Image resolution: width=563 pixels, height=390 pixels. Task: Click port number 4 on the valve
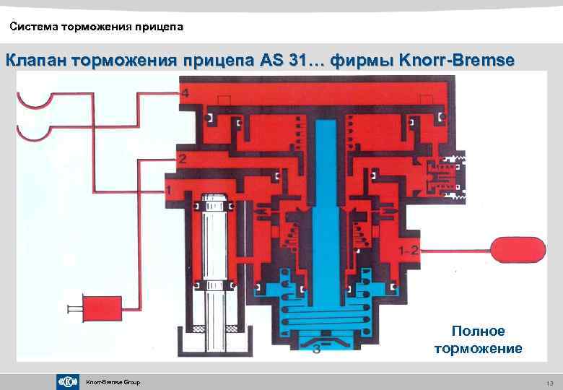coord(186,94)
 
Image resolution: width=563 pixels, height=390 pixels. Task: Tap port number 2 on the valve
coord(183,157)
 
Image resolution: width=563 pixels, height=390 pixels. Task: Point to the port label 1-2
coord(410,251)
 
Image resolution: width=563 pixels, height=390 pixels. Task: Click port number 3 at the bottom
coord(316,351)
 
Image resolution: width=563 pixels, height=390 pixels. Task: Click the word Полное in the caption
coord(478,331)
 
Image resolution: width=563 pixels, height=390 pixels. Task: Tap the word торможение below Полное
coord(478,349)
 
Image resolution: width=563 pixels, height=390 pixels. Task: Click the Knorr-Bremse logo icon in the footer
coord(68,381)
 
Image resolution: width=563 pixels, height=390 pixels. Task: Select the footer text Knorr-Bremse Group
coord(113,382)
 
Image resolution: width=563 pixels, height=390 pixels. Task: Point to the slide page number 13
coord(549,382)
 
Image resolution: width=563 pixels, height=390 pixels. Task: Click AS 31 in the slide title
coord(292,61)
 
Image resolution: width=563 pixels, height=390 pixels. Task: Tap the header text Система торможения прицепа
coord(97,27)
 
